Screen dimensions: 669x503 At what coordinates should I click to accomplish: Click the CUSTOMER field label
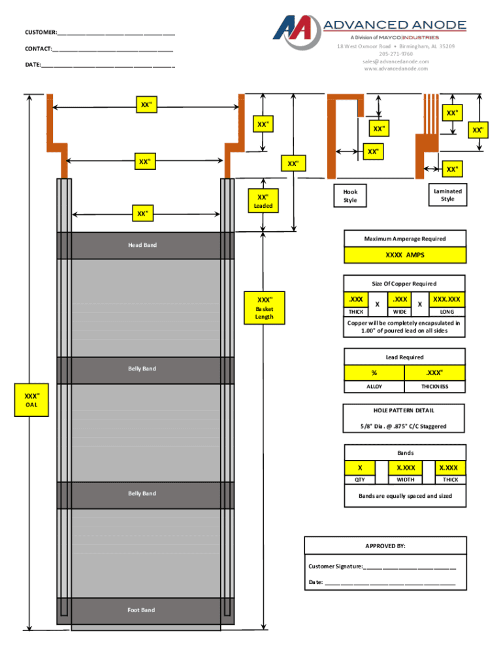point(40,33)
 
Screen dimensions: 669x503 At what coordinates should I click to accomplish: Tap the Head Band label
point(142,245)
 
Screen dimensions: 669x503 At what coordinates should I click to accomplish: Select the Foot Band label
point(142,610)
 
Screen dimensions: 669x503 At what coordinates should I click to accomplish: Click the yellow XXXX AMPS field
point(405,255)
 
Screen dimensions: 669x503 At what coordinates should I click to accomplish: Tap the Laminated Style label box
point(447,195)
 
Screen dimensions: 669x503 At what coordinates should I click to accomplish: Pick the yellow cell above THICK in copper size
point(357,299)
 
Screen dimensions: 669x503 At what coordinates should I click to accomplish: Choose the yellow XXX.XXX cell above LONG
point(447,299)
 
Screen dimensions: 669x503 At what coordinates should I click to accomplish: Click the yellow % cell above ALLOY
point(374,373)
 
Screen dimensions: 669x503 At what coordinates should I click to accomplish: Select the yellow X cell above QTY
point(361,468)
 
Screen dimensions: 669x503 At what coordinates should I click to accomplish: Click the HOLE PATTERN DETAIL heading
point(404,410)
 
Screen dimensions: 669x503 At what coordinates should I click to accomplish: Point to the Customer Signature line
point(382,566)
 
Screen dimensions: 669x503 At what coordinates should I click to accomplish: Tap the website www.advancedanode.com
point(397,69)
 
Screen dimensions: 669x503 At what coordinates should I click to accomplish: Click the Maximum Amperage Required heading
point(405,238)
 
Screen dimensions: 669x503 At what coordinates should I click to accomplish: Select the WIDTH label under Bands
point(405,480)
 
